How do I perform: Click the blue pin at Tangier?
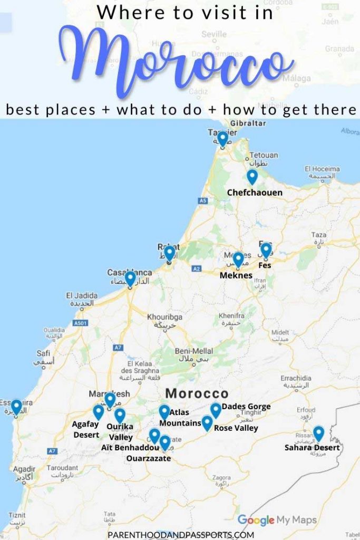(x=223, y=139)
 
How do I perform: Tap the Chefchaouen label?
(x=255, y=192)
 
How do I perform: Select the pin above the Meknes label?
(x=238, y=259)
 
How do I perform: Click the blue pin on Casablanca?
(x=130, y=278)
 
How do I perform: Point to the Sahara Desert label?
(x=312, y=448)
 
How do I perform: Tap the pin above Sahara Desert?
(x=318, y=433)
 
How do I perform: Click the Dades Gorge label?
(x=246, y=407)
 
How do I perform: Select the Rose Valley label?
(x=236, y=428)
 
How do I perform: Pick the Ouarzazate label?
(x=149, y=459)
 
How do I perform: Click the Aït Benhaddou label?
(x=130, y=448)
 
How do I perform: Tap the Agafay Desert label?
(x=86, y=429)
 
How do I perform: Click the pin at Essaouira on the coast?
(x=16, y=407)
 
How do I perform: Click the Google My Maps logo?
(x=277, y=520)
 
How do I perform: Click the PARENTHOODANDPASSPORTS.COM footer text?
(x=180, y=534)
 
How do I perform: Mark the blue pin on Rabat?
(x=169, y=254)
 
